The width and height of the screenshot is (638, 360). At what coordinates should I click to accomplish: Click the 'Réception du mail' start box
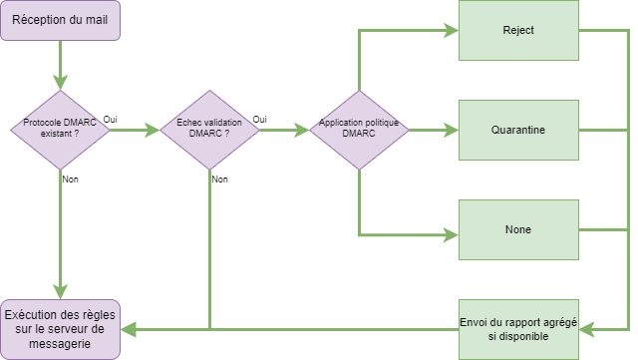[60, 20]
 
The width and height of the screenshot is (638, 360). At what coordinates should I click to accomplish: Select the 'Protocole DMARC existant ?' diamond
[60, 130]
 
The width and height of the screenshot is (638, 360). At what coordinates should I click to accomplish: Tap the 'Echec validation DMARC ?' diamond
[209, 130]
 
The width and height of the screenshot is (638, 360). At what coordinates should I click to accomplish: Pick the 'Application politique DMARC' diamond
[359, 130]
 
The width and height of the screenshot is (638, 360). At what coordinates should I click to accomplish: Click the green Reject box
[518, 30]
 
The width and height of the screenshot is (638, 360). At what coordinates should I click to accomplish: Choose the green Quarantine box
[518, 130]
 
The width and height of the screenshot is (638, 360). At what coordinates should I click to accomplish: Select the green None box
[518, 229]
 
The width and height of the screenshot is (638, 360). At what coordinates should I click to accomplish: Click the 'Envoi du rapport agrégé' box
[518, 329]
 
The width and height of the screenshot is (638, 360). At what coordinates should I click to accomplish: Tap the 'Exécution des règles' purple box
[60, 329]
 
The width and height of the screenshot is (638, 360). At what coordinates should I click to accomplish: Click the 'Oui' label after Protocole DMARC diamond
[111, 119]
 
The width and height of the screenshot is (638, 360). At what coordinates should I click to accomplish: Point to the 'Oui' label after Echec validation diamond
[260, 119]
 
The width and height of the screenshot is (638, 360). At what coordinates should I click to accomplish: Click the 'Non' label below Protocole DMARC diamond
[70, 180]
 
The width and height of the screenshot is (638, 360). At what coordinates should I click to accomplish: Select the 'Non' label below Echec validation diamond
[219, 180]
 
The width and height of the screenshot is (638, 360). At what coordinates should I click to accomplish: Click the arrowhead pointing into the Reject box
[452, 30]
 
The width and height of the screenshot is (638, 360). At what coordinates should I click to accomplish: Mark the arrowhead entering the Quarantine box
[452, 130]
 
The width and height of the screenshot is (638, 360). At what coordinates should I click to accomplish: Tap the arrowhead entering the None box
[452, 235]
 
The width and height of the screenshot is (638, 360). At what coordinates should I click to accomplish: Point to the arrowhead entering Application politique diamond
[302, 130]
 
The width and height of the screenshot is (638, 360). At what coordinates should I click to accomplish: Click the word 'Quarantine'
[518, 130]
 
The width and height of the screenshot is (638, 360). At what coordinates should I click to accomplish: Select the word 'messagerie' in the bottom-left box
[60, 343]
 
